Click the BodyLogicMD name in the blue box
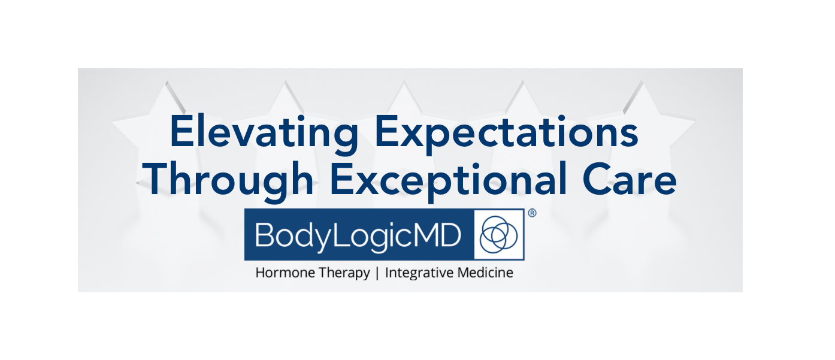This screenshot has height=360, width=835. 358,235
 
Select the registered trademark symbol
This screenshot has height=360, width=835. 533,213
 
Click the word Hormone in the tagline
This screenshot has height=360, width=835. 285,273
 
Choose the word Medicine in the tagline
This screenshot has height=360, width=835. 485,273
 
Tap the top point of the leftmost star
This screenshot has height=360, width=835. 167,81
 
